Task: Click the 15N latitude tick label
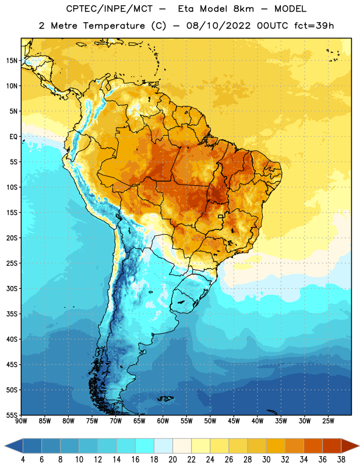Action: [x=12, y=61]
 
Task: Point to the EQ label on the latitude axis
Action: [x=13, y=137]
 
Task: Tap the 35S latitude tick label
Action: [x=12, y=314]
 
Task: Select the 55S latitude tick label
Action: [x=12, y=415]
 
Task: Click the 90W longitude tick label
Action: [x=21, y=421]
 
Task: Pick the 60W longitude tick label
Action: [x=163, y=421]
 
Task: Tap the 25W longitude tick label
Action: [x=328, y=421]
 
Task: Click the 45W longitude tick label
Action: [x=234, y=421]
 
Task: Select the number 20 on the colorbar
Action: [x=172, y=460]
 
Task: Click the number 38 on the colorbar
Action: [x=341, y=460]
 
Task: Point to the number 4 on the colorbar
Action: [x=23, y=460]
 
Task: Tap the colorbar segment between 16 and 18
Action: [x=144, y=446]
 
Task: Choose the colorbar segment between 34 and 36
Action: [x=313, y=446]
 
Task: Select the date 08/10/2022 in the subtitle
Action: [x=219, y=26]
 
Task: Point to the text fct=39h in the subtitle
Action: [x=314, y=26]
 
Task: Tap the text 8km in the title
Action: [x=243, y=9]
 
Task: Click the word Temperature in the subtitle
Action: [x=114, y=26]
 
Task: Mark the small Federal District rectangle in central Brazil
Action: [x=221, y=216]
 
